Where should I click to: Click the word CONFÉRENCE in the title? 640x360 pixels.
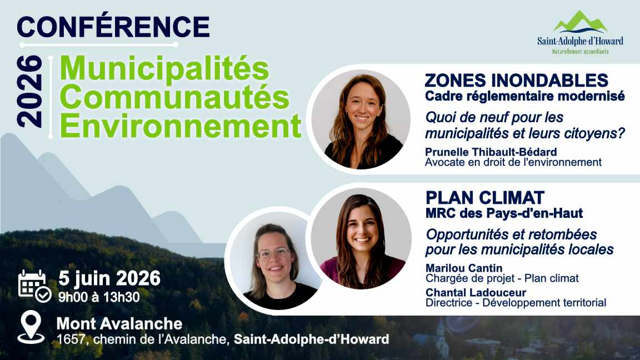point(113,26)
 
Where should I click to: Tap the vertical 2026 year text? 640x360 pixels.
point(29,91)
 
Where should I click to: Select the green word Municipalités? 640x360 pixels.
point(164,69)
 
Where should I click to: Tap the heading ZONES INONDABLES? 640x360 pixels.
point(516,81)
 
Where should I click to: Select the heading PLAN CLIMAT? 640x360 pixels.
point(485,197)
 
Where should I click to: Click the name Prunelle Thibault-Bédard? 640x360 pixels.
point(491,152)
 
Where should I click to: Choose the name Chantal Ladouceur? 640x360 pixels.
point(476,293)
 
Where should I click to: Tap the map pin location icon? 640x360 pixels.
point(31,327)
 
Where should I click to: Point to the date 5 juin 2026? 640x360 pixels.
point(109,278)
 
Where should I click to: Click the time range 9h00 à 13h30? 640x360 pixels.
point(99,297)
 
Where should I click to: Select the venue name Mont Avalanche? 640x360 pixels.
point(119,323)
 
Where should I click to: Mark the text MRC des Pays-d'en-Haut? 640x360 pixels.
point(504,213)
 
